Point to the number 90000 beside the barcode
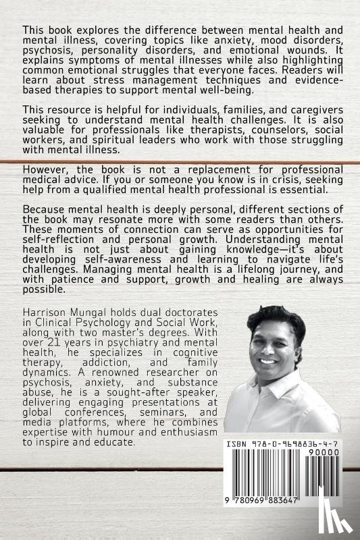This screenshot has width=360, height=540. click(x=322, y=456)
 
